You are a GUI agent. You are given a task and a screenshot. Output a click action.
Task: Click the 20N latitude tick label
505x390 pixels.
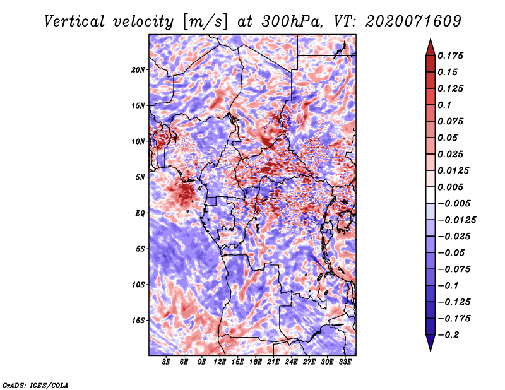(138, 69)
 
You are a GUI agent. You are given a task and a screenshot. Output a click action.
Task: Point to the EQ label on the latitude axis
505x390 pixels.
(140, 213)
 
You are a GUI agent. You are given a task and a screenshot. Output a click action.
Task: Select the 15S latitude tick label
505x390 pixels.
(138, 321)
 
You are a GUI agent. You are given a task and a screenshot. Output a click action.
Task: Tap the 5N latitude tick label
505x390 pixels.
(140, 177)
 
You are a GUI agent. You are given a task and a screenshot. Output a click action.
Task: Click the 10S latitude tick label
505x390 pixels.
(138, 285)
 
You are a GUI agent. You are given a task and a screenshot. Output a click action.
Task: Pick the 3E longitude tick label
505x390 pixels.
(165, 362)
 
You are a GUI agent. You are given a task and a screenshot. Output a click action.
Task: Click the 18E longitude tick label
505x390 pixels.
(256, 362)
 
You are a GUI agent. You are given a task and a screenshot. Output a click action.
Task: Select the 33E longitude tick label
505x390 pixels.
(345, 362)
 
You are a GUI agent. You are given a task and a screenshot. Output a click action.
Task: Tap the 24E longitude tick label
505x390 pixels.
(291, 362)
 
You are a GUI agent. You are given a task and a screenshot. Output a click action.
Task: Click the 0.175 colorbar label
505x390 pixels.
(450, 56)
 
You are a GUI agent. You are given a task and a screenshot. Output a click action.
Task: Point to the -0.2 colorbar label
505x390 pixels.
(448, 335)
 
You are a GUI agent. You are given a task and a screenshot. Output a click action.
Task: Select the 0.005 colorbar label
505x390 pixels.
(450, 187)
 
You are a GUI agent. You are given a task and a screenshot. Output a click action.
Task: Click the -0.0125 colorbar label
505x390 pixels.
(456, 220)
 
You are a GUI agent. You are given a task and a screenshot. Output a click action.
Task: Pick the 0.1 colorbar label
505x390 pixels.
(444, 105)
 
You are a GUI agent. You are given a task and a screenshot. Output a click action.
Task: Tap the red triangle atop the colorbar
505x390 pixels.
(431, 47)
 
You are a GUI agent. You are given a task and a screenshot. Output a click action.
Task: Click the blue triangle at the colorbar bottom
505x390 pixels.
(431, 343)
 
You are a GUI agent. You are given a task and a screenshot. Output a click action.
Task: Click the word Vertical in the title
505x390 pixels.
(74, 21)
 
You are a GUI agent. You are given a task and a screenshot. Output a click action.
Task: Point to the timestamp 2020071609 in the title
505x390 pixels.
(413, 21)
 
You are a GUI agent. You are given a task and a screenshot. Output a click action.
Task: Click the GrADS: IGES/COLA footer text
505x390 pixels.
(35, 385)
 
